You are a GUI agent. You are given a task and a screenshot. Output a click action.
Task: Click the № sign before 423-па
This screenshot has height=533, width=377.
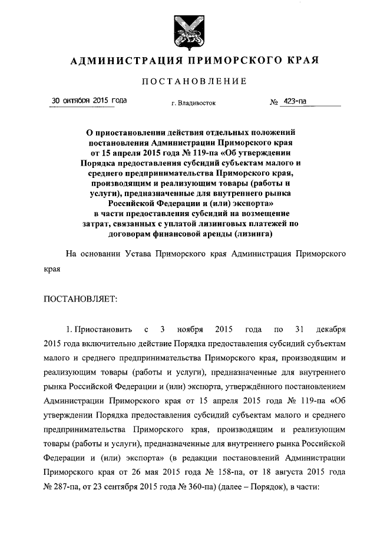point(274,102)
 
